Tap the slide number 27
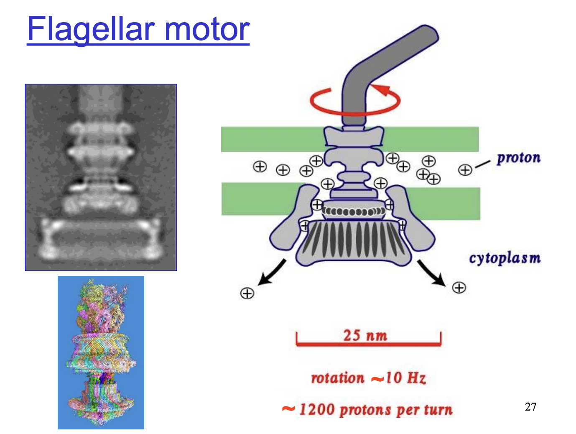point(530,406)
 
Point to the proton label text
point(518,158)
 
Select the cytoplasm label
point(505,258)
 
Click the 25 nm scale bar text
point(365,335)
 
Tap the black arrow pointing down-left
point(272,273)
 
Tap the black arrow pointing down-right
point(432,273)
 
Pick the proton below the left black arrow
point(247,293)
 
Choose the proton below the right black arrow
point(459,288)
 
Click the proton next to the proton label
point(465,170)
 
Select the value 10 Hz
point(405,378)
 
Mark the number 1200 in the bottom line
point(317,409)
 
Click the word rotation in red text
point(338,378)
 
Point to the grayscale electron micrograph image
point(101,177)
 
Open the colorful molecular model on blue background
point(101,352)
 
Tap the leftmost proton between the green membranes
point(260,166)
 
